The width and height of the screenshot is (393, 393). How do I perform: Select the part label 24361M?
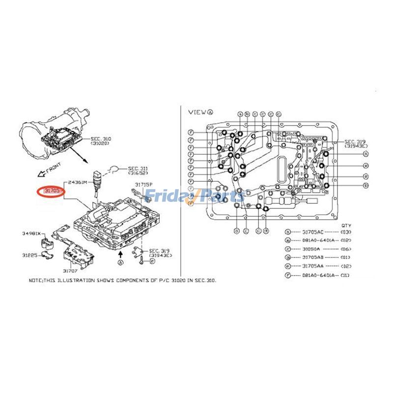click(x=77, y=182)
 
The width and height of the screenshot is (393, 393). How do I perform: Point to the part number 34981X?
click(x=31, y=234)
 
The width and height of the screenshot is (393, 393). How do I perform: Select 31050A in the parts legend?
click(x=311, y=250)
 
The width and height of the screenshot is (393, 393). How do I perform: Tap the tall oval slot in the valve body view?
click(x=283, y=170)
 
